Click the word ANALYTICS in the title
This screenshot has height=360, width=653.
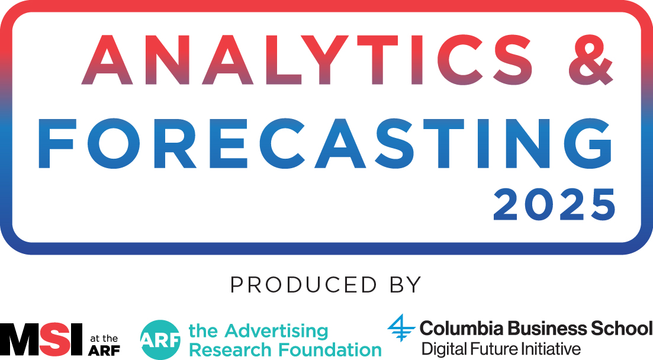tap(307, 60)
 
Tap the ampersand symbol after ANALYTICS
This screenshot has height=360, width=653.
tap(590, 60)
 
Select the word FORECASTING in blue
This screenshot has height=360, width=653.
tap(325, 144)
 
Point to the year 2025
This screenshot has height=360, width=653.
tap(554, 205)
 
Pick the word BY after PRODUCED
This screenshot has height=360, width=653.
tap(406, 285)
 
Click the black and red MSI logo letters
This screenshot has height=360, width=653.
tap(41, 339)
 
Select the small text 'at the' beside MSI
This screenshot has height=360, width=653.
tap(104, 339)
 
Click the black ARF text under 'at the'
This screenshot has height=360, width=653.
tap(104, 351)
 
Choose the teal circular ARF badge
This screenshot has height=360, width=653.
tap(160, 340)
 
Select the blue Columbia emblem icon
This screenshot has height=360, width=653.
tap(401, 328)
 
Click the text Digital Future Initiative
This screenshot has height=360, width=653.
tap(501, 349)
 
